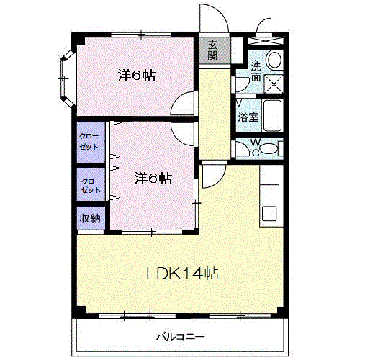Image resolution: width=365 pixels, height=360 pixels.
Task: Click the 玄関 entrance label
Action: tap(213, 50)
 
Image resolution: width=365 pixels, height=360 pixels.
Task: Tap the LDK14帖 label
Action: tap(182, 274)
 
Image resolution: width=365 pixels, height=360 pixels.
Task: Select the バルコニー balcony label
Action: tap(181, 337)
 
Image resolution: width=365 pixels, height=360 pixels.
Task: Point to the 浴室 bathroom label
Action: tap(248, 117)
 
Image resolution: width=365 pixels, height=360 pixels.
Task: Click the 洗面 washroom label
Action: tap(256, 71)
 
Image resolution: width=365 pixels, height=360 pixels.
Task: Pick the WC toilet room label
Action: tap(256, 147)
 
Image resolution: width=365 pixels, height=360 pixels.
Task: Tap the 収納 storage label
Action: tap(90, 218)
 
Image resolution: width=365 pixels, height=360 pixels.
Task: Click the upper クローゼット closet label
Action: tap(89, 142)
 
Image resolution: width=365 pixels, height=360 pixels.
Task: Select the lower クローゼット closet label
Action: tap(91, 186)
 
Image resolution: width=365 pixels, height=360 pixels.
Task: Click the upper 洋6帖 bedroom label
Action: tap(137, 76)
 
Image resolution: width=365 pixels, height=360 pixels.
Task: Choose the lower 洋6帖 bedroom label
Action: tap(153, 179)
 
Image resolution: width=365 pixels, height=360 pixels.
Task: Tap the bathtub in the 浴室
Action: tap(272, 115)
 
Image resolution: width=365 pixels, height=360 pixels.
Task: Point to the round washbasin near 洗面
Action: tap(274, 60)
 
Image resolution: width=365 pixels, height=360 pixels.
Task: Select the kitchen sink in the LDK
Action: tap(269, 213)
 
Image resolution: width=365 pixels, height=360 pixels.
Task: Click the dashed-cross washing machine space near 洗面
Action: tap(274, 84)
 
